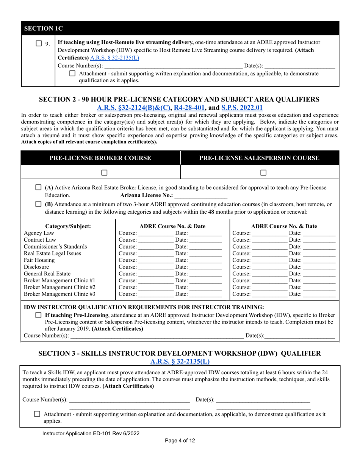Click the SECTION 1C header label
pos(42,28)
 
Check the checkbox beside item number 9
pos(39,43)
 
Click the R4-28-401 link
pos(189,108)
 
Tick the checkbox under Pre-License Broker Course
pos(105,172)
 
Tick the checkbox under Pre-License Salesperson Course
pos(263,172)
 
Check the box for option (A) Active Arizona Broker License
pos(38,188)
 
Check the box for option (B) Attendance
pos(38,204)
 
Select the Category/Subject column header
pos(68,226)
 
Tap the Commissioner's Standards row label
pos(55,247)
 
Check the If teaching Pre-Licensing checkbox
pos(38,315)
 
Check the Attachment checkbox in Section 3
pos(37,414)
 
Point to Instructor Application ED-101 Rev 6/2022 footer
pos(91,433)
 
